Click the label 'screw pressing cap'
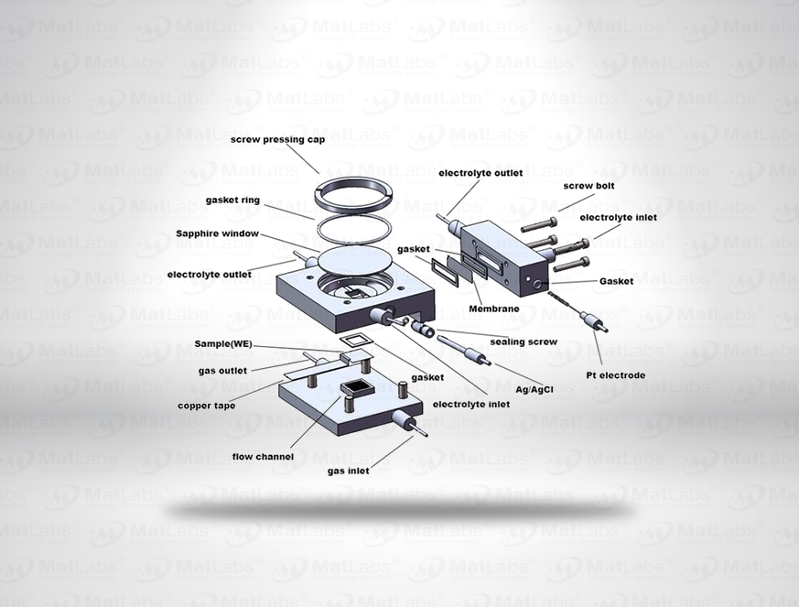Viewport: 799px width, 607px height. pos(277,140)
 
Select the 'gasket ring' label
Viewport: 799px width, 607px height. pos(232,201)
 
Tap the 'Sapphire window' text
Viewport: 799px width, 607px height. pos(217,233)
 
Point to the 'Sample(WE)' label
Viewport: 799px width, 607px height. pos(223,344)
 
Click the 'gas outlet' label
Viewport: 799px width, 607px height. pos(222,371)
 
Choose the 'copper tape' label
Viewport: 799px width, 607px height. pos(206,406)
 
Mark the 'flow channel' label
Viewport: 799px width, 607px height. pos(263,457)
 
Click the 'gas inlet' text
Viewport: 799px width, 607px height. pos(349,471)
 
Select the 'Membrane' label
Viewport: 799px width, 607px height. pos(494,309)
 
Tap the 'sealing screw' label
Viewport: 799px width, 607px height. pos(524,342)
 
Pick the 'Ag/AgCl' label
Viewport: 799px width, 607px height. pos(534,390)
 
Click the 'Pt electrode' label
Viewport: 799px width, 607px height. pos(616,375)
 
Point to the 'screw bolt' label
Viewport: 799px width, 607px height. pos(589,186)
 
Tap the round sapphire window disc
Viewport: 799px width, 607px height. pos(355,259)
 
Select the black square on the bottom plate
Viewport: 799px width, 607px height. pos(357,388)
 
